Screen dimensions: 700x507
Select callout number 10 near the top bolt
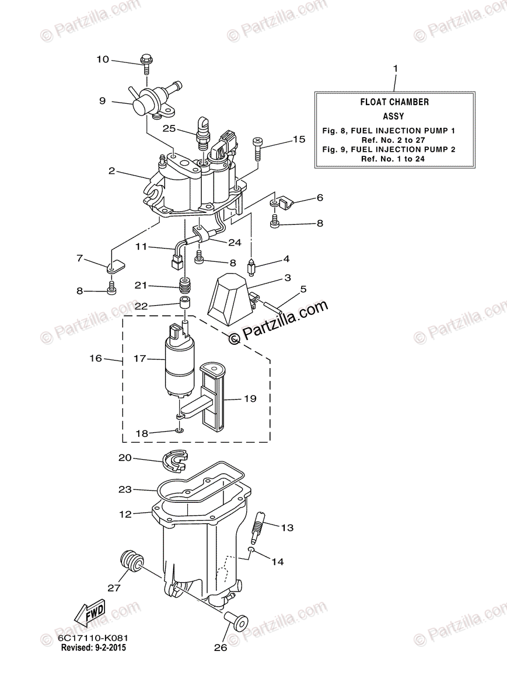[103, 60]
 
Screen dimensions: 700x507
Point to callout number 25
[169, 128]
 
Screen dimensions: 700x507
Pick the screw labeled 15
[259, 149]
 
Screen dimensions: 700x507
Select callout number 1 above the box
[395, 69]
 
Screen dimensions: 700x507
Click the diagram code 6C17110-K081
[93, 639]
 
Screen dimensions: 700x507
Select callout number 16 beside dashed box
[96, 358]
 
